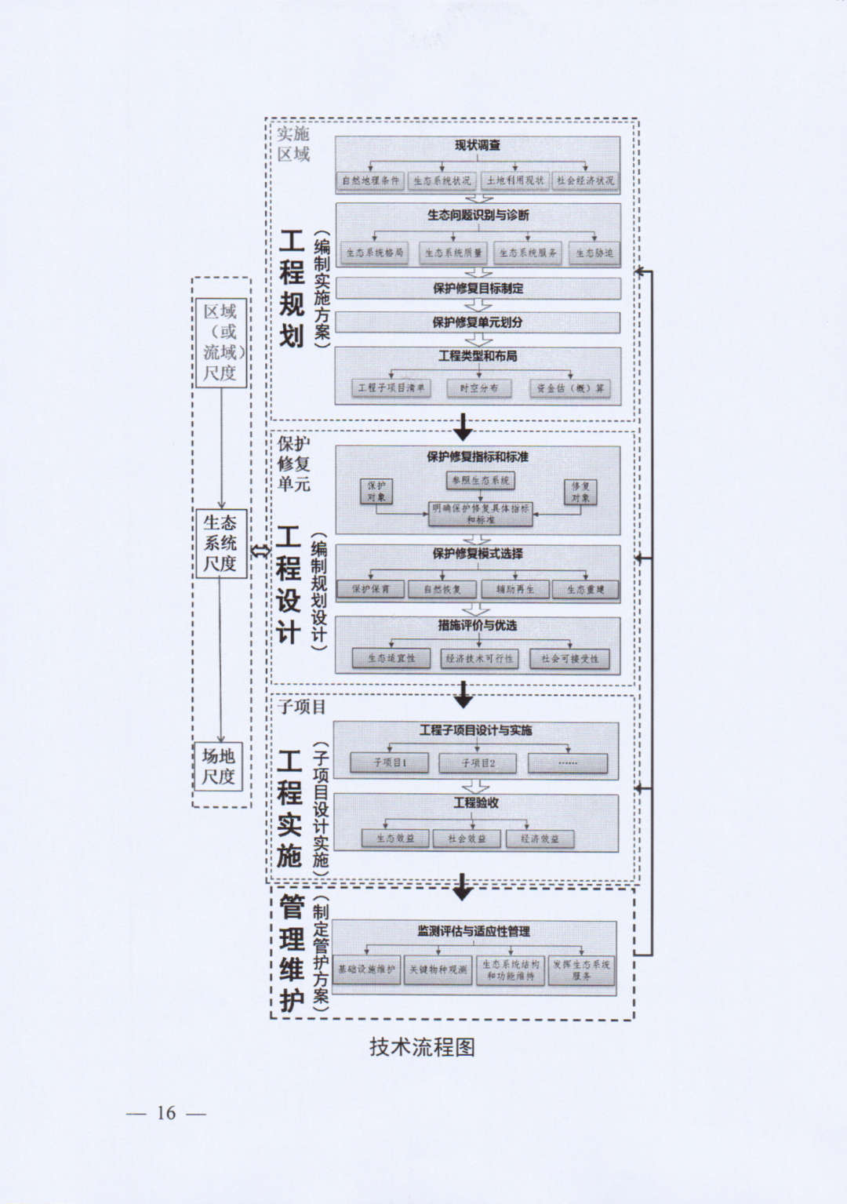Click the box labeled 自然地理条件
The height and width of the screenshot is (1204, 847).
click(x=370, y=180)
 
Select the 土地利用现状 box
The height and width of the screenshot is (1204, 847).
click(x=514, y=180)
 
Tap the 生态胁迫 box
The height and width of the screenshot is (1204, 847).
click(x=594, y=253)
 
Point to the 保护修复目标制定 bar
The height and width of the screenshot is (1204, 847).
click(x=478, y=288)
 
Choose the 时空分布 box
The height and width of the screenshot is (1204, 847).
click(x=478, y=387)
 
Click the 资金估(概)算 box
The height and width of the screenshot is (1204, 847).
click(x=570, y=387)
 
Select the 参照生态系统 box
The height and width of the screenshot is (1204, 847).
click(x=480, y=480)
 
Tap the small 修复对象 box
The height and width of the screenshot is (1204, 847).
click(x=580, y=492)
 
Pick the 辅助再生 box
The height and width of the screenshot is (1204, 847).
click(x=514, y=589)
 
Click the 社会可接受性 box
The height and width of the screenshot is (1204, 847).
click(x=569, y=659)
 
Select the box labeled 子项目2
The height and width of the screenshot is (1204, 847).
click(x=478, y=762)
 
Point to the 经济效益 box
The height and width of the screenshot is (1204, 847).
click(x=540, y=838)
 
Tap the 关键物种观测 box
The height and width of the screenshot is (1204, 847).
click(x=438, y=969)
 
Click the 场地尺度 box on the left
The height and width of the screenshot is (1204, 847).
click(x=219, y=766)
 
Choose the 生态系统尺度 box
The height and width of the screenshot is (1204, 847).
click(x=220, y=543)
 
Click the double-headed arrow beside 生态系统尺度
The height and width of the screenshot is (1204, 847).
click(x=260, y=550)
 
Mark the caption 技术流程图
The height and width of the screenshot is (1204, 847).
click(x=422, y=1047)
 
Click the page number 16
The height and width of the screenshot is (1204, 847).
click(x=166, y=1113)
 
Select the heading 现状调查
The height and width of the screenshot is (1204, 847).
click(x=478, y=145)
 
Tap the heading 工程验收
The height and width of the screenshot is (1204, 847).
click(x=476, y=803)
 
